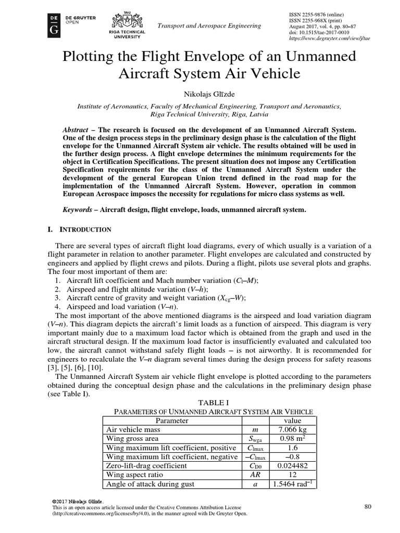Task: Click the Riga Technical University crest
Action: click(127, 20)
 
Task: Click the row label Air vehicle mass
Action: click(133, 430)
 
